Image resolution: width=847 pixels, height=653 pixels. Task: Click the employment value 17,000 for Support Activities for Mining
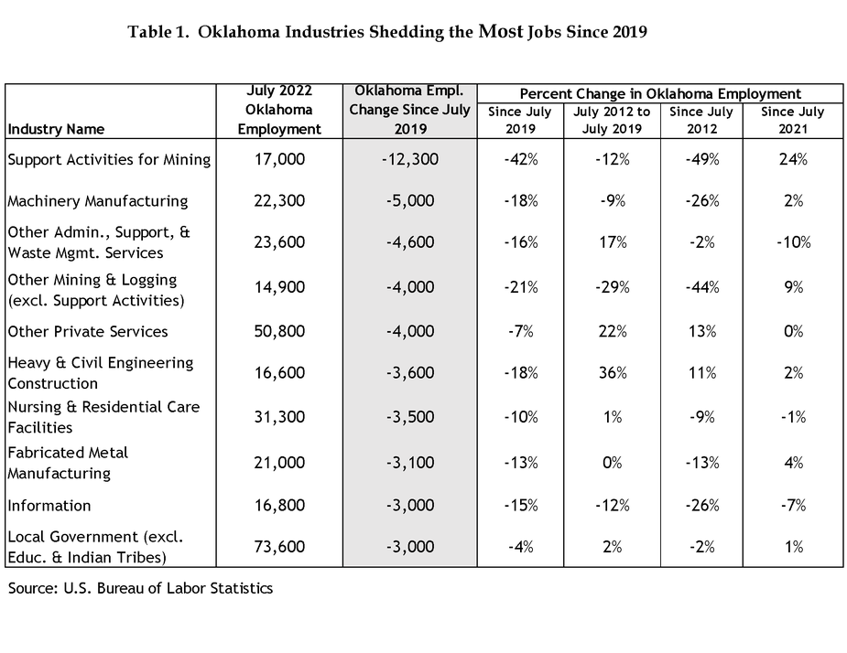279,159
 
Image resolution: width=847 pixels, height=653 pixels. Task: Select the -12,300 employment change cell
410,159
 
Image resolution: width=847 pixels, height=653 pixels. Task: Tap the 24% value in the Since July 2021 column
793,159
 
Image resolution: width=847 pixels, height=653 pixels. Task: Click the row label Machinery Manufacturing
98,201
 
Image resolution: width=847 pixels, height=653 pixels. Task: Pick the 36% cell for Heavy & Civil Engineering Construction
613,372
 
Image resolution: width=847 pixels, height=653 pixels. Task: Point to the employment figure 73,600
279,547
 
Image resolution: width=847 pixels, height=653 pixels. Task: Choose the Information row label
49,506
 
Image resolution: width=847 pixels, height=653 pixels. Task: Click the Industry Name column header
56,130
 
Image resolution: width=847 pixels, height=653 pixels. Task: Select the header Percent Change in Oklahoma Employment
660,94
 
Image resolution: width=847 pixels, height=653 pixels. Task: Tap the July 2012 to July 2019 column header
612,121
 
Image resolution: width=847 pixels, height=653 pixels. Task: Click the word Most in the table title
501,31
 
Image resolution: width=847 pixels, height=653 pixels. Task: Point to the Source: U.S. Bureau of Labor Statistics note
140,588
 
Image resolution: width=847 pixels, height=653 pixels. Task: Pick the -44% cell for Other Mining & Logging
701,286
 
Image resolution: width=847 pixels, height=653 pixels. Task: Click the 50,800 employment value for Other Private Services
279,331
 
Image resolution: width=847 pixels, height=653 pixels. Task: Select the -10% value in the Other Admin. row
793,241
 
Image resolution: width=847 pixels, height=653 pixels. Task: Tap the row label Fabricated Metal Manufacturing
68,463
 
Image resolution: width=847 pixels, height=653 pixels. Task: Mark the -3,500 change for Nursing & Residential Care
410,417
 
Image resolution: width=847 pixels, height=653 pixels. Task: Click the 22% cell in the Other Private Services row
613,331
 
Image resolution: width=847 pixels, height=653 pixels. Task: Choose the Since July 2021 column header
792,121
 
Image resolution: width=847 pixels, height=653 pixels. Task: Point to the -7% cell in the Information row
793,505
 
